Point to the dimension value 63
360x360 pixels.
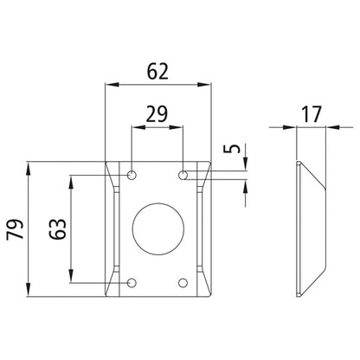[57, 229]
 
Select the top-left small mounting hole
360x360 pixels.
[132, 176]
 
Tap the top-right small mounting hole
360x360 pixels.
[183, 176]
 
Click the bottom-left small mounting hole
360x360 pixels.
[132, 283]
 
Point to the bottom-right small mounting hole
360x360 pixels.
[183, 283]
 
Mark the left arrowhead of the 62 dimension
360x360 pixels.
[108, 84]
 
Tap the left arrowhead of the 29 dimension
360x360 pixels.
[135, 125]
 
